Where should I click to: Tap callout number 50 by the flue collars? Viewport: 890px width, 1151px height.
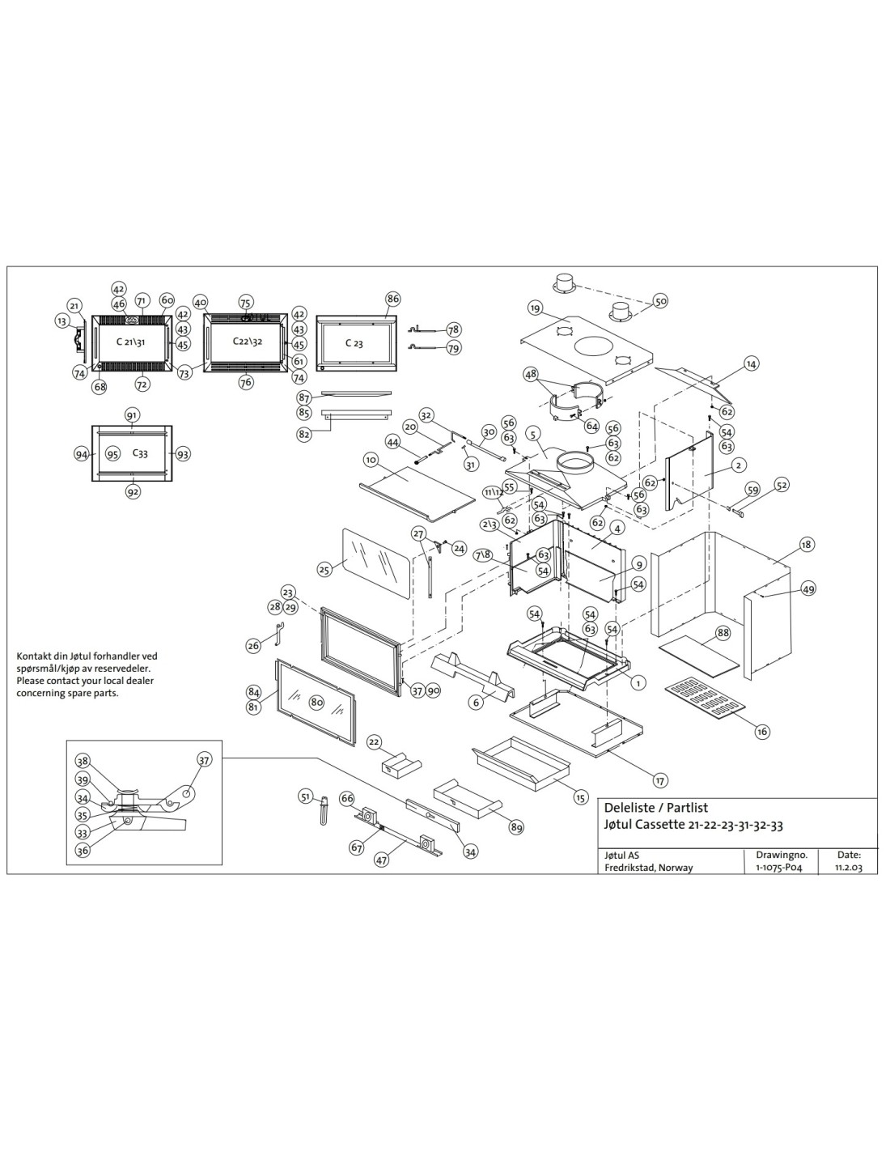point(661,301)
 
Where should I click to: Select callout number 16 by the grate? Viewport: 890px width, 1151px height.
point(761,731)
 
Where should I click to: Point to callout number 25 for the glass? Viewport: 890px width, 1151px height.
point(324,570)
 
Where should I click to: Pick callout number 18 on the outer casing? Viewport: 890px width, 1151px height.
point(806,545)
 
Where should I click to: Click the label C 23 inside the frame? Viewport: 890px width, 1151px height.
point(354,342)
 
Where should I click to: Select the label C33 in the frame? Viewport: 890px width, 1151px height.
point(140,453)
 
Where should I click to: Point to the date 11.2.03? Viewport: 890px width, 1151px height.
point(848,868)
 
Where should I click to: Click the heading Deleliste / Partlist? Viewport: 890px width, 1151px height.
point(655,808)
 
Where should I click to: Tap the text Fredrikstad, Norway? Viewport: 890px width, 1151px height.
point(649,868)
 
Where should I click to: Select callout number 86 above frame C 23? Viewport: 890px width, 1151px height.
point(392,299)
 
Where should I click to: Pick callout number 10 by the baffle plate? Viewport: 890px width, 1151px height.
point(371,460)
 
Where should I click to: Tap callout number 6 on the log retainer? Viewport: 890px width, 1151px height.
point(477,703)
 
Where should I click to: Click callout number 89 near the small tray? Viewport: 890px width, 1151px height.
point(516,826)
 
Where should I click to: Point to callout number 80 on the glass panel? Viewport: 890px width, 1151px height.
point(316,703)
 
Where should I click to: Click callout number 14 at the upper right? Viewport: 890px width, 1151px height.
point(752,364)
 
